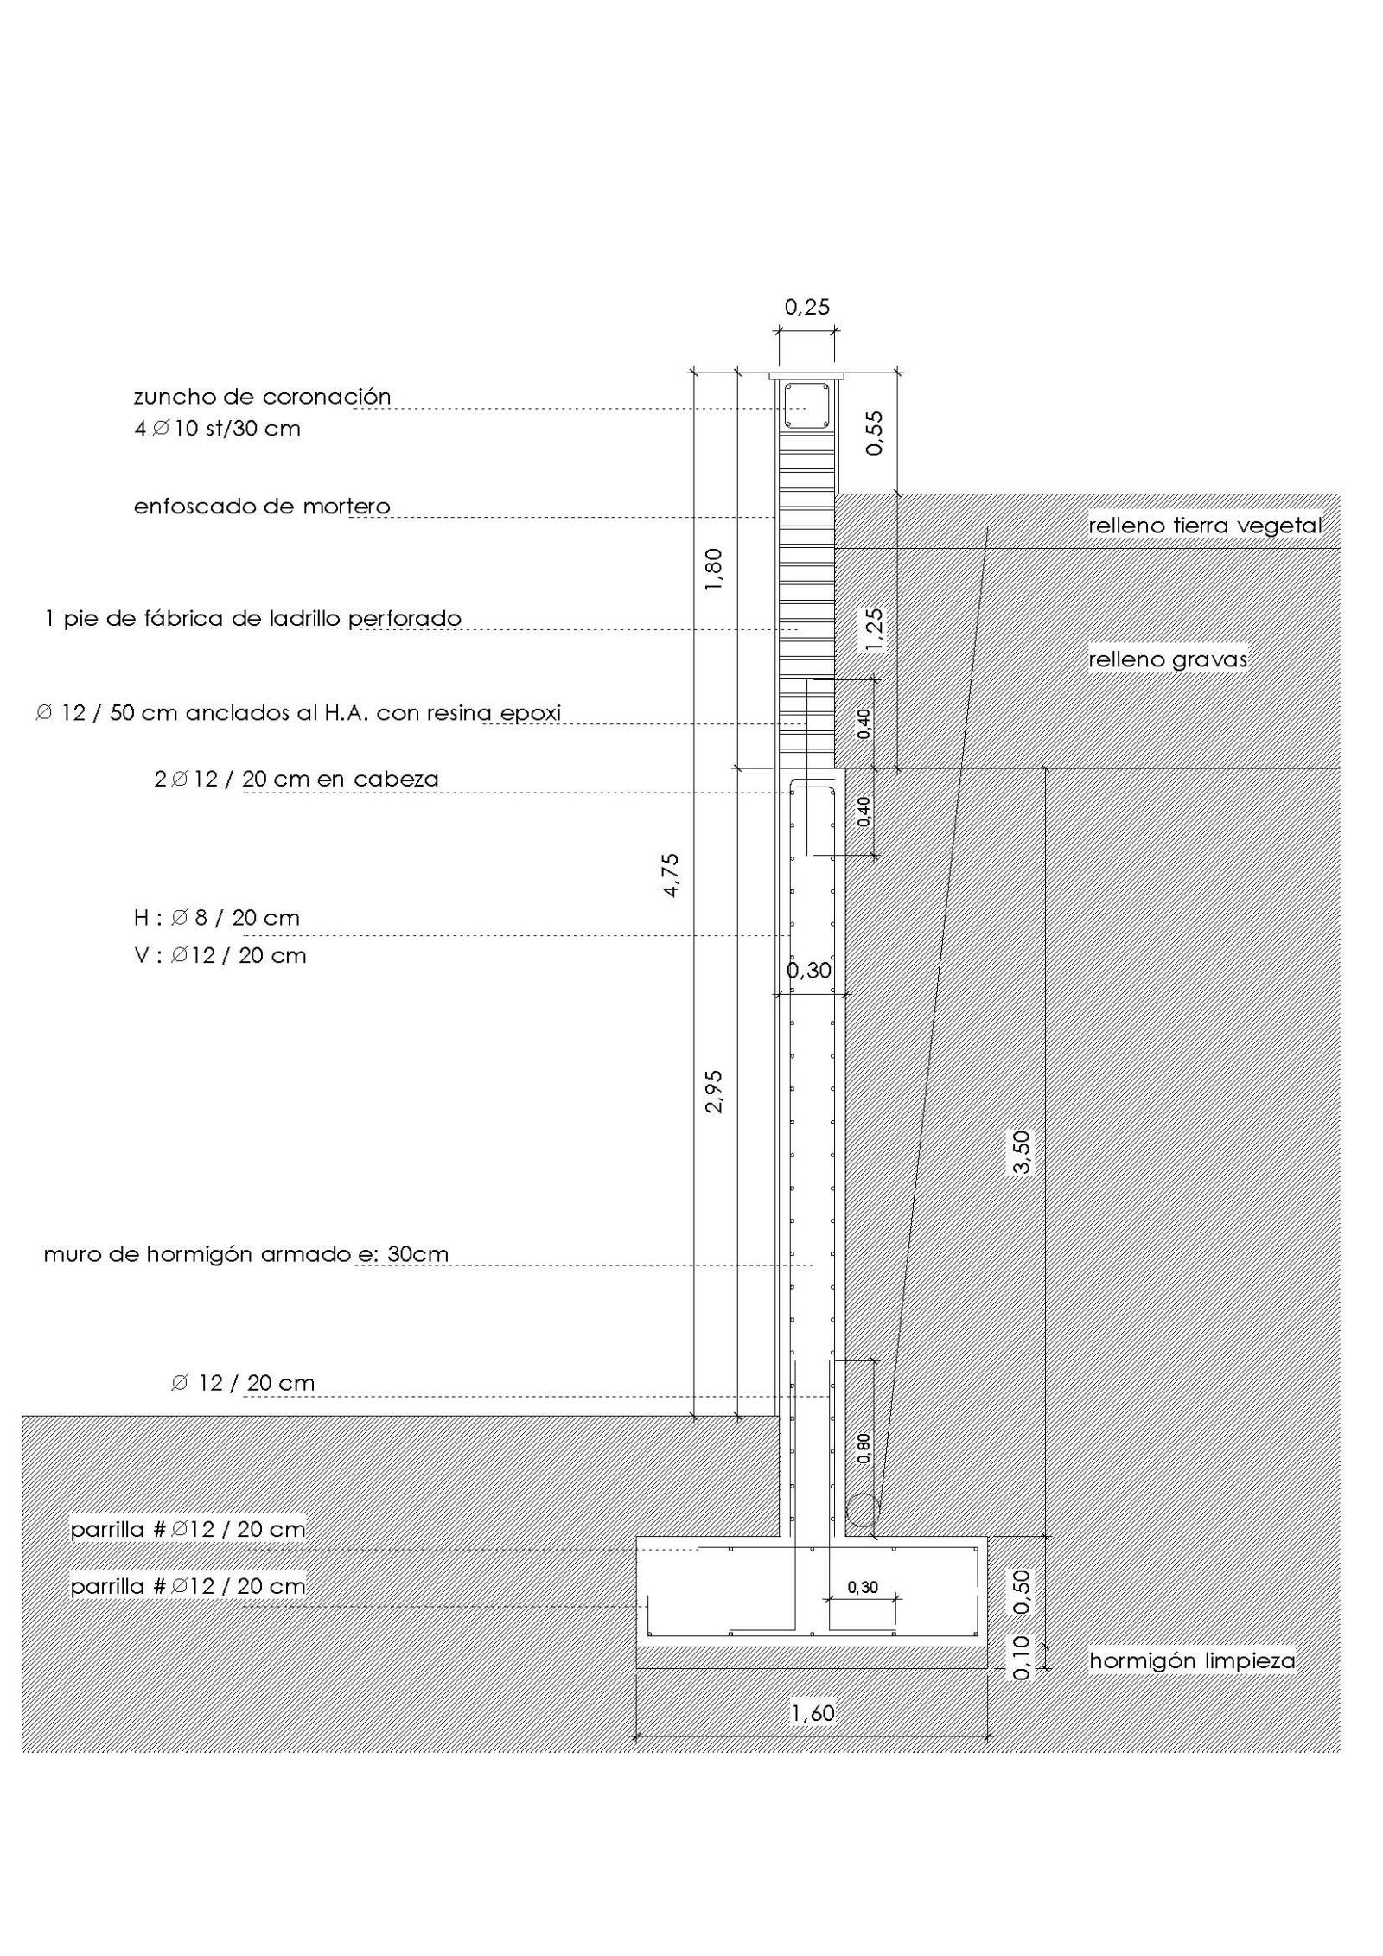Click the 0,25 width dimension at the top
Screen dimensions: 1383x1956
[x=806, y=307]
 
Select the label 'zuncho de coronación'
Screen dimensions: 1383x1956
[x=262, y=397]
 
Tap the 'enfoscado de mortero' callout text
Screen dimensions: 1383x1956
[x=262, y=507]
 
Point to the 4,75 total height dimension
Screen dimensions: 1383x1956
[x=671, y=875]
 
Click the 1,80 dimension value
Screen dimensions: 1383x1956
[x=713, y=570]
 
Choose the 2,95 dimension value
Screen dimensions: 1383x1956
[x=713, y=1092]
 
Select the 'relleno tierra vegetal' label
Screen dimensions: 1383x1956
[x=1205, y=525]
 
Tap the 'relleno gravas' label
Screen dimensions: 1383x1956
[x=1168, y=659]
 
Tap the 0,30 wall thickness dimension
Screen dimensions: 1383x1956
[x=808, y=970]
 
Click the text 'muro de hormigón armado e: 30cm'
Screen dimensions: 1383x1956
[x=246, y=1254]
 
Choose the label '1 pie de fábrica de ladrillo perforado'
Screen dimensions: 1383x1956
[x=253, y=618]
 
